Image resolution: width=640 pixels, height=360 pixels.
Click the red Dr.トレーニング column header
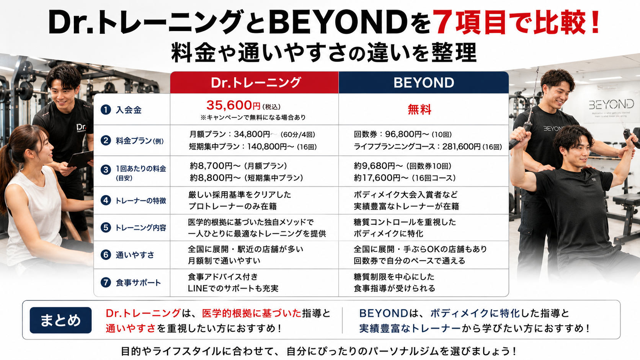click(254, 83)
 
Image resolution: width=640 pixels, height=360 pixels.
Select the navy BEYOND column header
click(424, 83)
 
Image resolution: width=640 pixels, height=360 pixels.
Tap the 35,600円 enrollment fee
click(233, 105)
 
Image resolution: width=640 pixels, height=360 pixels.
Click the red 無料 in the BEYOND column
click(419, 109)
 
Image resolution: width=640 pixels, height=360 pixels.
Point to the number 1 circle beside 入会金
click(106, 110)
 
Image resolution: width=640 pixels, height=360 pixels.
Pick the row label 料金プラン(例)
click(140, 141)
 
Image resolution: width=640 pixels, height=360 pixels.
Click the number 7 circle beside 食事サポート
click(106, 282)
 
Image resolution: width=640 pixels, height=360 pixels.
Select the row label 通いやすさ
click(135, 255)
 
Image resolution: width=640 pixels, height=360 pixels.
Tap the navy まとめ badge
click(60, 320)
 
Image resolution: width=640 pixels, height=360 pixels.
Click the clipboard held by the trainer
click(80, 159)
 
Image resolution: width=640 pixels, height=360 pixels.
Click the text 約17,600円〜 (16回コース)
click(405, 178)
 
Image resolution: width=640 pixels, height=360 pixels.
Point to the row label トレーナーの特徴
click(140, 201)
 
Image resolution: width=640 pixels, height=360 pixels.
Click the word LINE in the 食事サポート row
click(198, 288)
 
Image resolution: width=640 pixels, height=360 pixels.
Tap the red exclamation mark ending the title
click(595, 22)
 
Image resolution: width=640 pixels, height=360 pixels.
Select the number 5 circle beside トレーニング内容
click(106, 228)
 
